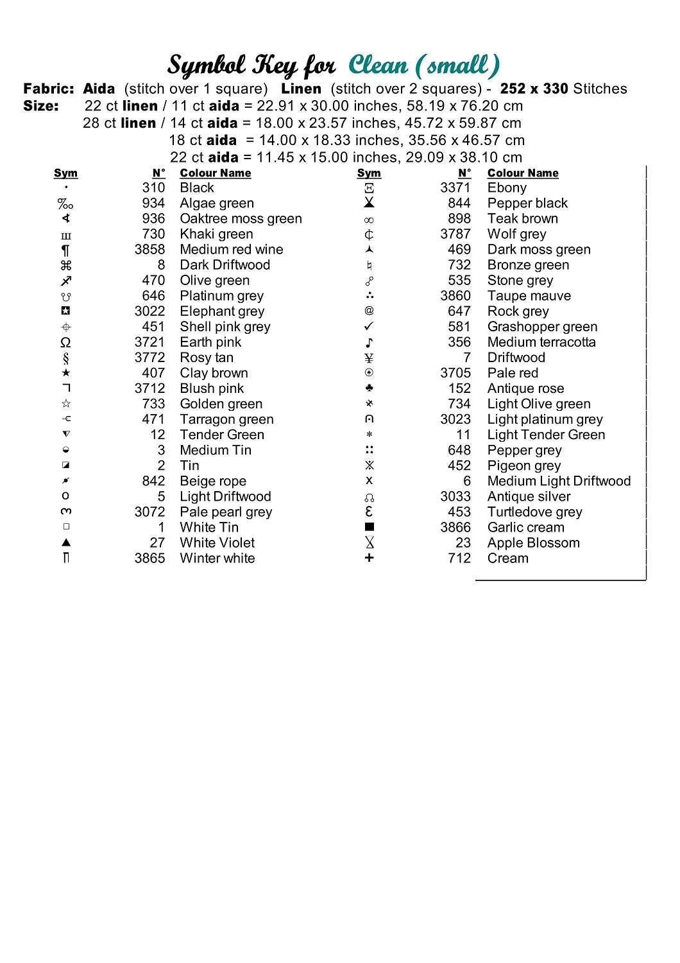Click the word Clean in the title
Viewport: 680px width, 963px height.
(378, 65)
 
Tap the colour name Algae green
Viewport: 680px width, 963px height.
(217, 204)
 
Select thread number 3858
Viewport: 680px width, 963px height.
(149, 250)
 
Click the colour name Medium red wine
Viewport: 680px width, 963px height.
(231, 250)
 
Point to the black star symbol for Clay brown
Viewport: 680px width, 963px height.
(65, 373)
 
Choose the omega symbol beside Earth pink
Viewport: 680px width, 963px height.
(65, 342)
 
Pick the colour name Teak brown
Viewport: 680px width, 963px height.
(522, 219)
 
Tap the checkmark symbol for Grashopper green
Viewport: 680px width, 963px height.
(369, 327)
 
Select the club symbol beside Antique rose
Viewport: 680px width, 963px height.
(369, 388)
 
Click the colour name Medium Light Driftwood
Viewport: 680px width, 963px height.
(559, 481)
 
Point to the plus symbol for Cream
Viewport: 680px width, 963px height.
(369, 558)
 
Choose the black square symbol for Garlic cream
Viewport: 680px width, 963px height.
(369, 527)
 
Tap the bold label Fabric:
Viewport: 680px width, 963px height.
(49, 89)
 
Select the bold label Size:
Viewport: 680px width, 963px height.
(41, 106)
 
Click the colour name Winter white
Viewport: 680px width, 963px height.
(217, 559)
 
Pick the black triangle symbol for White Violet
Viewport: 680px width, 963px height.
(65, 542)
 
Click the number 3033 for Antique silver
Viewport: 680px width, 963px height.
(455, 496)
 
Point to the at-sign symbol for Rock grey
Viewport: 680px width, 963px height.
(369, 311)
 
